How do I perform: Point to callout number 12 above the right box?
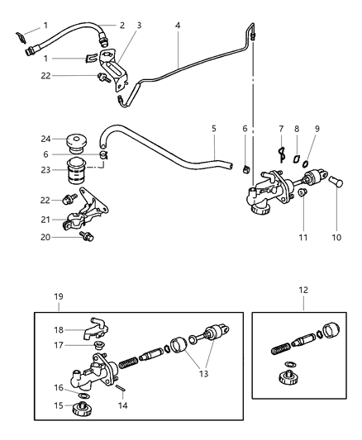pyautogui.click(x=304, y=291)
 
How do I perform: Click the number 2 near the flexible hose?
pyautogui.click(x=121, y=26)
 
